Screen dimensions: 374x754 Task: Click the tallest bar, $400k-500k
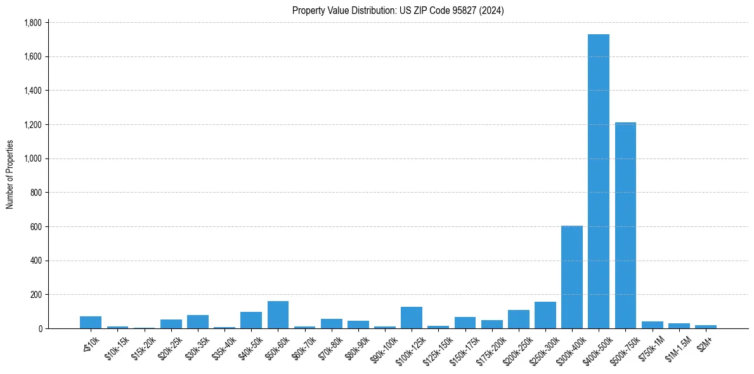tap(598, 181)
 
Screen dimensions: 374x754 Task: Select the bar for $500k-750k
tap(625, 225)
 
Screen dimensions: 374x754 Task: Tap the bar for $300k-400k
tap(571, 277)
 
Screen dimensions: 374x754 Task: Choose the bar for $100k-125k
tap(412, 318)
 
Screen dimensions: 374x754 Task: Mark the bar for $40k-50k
tap(251, 320)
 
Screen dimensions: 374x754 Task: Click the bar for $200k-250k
tap(518, 319)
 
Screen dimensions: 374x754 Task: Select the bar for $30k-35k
tap(198, 321)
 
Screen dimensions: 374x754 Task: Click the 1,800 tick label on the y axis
tap(32, 23)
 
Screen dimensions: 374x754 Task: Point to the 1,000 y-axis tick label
tap(32, 158)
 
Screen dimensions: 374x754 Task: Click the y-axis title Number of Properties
tap(10, 174)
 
